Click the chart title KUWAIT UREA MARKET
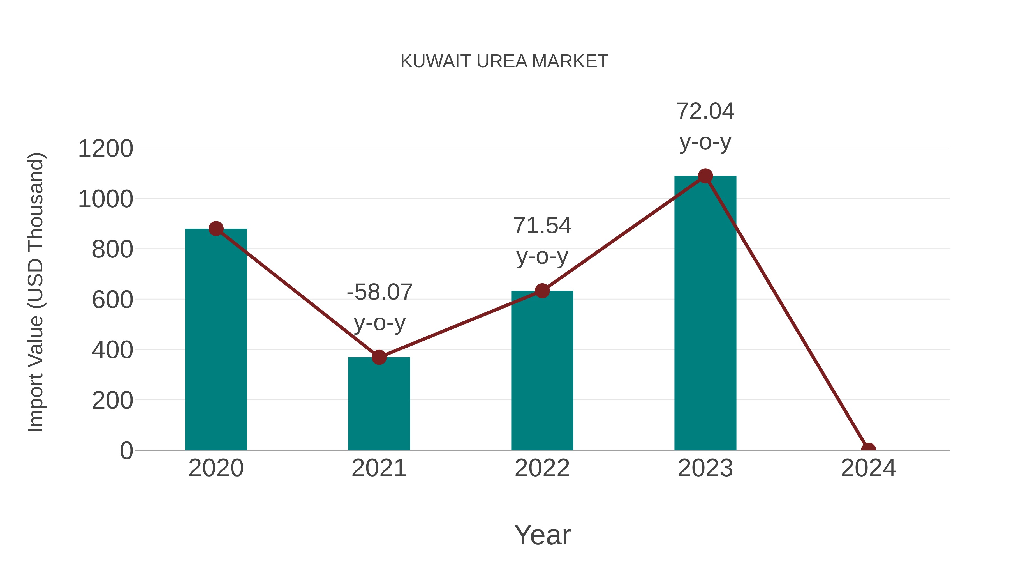point(504,61)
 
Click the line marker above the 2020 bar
point(216,229)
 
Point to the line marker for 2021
point(379,357)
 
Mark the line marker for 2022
point(542,291)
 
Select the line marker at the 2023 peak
point(705,176)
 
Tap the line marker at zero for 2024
point(868,449)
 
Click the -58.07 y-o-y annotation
point(379,307)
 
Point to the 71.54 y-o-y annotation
point(542,241)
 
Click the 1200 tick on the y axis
point(105,149)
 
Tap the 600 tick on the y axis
point(112,300)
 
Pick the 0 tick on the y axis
point(126,451)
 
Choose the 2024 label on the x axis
point(868,468)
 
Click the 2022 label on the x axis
point(542,468)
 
